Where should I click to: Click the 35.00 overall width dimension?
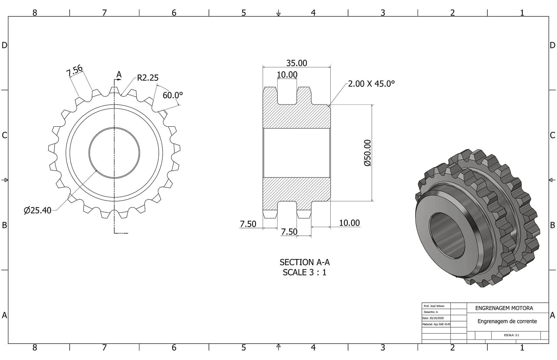(x=297, y=63)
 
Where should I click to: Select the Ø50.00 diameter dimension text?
(x=367, y=153)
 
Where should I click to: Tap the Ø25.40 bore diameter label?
(x=37, y=210)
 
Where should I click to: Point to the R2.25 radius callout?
(x=148, y=78)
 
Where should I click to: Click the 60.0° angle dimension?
(x=172, y=95)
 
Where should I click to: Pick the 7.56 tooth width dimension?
(x=74, y=71)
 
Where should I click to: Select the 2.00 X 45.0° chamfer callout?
(x=371, y=84)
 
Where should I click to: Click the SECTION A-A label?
(x=305, y=262)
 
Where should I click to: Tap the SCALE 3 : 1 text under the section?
(x=305, y=272)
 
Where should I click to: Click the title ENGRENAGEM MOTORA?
(x=504, y=308)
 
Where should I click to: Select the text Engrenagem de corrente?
(x=507, y=321)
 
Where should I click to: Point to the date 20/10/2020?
(x=436, y=318)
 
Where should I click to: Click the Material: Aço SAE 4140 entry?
(x=436, y=324)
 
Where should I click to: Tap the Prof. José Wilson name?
(x=434, y=306)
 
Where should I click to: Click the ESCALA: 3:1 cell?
(x=512, y=335)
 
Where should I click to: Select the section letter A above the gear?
(x=119, y=74)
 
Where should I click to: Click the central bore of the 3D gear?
(x=447, y=235)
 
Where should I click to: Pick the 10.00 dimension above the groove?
(x=287, y=75)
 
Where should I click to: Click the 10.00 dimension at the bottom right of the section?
(x=349, y=223)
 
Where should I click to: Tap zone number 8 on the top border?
(x=35, y=13)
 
